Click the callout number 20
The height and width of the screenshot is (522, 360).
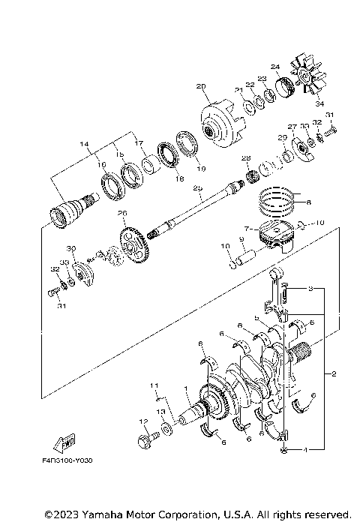[x=200, y=86]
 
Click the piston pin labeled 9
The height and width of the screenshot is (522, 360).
[x=244, y=261]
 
